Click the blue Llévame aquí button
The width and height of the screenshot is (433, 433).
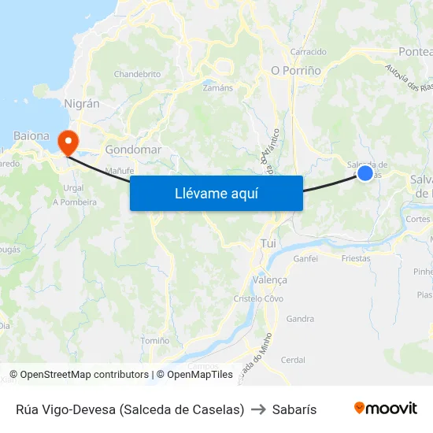pos(216,193)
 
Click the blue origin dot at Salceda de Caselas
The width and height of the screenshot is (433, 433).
pos(365,172)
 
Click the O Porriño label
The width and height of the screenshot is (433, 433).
pos(296,70)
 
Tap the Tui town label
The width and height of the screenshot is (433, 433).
pos(268,244)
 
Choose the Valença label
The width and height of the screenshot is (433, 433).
pos(270,279)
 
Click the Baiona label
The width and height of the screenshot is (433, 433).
pos(31,135)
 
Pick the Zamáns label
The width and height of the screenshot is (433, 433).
pos(218,88)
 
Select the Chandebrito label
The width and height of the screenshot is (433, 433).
pos(137,74)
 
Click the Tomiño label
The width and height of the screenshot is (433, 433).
pos(154,341)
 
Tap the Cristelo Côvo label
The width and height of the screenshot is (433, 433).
pos(258,298)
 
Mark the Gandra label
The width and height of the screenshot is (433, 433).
pos(301,319)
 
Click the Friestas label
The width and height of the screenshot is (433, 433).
pos(357,258)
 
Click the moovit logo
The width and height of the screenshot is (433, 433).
pos(386,408)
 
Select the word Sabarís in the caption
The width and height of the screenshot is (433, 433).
pos(294,409)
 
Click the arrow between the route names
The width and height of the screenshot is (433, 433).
pos(258,409)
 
